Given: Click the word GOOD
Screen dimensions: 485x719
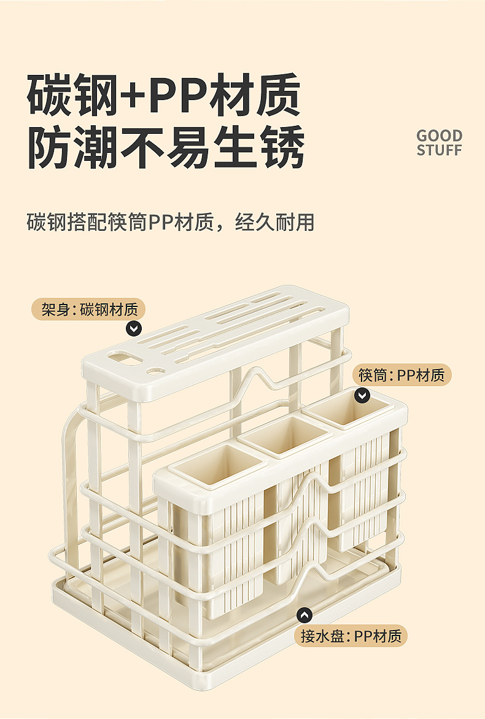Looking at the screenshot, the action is click(439, 136).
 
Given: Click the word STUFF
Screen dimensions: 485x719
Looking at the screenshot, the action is click(439, 150).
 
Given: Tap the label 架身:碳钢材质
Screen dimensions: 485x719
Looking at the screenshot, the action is click(88, 309).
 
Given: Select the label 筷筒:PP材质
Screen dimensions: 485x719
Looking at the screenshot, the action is click(402, 375).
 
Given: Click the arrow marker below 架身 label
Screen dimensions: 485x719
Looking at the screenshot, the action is click(133, 328).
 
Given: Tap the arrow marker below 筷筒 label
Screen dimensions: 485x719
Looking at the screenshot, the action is click(362, 395).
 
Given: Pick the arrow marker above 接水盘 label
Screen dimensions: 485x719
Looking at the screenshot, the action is click(304, 615).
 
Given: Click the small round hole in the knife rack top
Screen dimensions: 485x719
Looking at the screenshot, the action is click(155, 371).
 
